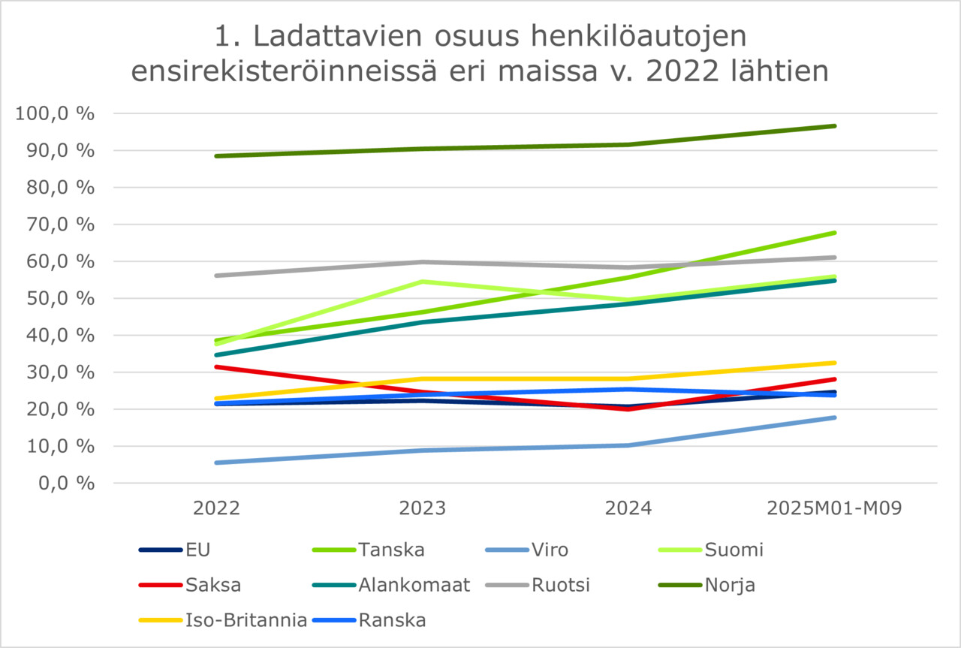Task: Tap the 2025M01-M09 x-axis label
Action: [834, 508]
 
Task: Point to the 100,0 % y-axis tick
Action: [54, 114]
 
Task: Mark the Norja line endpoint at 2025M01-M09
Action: [834, 126]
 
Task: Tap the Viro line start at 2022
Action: [217, 463]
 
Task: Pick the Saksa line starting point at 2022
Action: [217, 366]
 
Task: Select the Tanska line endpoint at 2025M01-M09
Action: [834, 233]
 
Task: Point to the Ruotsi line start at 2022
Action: [217, 276]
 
